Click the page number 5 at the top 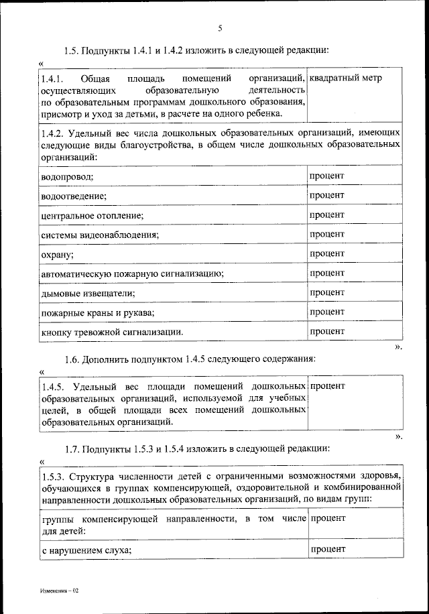[220, 27]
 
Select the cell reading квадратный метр [346, 79]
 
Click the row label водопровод [66, 176]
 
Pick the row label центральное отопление [92, 216]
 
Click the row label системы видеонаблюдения [99, 235]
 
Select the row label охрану [57, 255]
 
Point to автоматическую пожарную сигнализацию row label [132, 274]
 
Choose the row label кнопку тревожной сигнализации [112, 332]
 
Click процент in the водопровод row [327, 176]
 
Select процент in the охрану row [327, 254]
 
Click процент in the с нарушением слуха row [327, 549]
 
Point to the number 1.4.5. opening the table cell [53, 387]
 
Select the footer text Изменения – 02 [59, 591]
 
